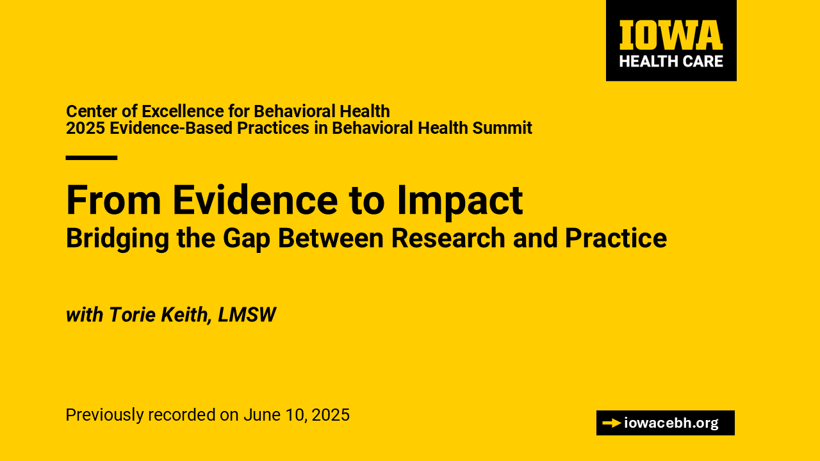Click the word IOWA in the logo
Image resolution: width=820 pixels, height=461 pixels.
pos(671,35)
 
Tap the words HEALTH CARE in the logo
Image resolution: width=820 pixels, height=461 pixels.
pos(671,61)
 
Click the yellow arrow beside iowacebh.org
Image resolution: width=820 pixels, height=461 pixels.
pos(611,423)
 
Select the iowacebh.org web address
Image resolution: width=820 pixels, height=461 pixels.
pos(671,423)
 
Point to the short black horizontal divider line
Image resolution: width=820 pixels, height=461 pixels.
pos(92,158)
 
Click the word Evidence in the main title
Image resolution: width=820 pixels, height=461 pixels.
pos(255,200)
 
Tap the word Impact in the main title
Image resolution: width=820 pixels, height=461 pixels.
pos(460,202)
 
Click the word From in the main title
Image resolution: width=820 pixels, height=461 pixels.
pos(113,200)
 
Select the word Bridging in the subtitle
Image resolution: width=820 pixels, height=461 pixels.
pos(117,239)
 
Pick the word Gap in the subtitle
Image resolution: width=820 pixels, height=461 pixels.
pos(247,239)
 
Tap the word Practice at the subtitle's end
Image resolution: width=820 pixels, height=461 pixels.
pos(616,238)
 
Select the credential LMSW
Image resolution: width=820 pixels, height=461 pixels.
pos(247,314)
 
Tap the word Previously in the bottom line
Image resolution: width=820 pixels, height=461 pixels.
pos(104,416)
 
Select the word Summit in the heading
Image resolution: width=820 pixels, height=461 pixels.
pos(502,128)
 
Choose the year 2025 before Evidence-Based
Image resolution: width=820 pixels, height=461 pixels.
pos(86,128)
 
